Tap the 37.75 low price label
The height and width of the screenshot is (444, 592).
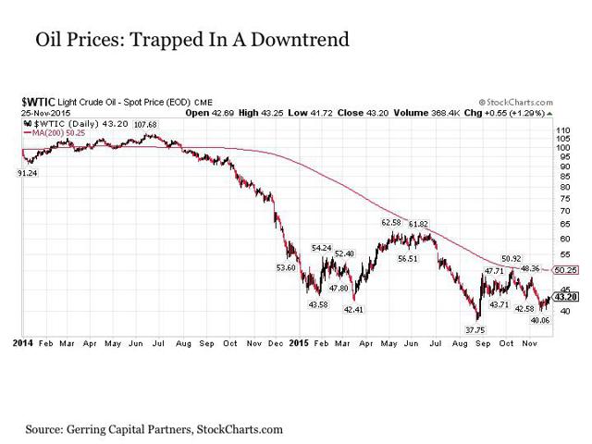coord(475,329)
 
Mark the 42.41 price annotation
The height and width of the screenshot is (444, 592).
coord(353,309)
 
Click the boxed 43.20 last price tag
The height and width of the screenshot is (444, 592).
coord(566,297)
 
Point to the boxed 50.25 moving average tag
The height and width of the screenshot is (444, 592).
coord(566,269)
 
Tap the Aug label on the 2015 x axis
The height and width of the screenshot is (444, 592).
coord(459,343)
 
